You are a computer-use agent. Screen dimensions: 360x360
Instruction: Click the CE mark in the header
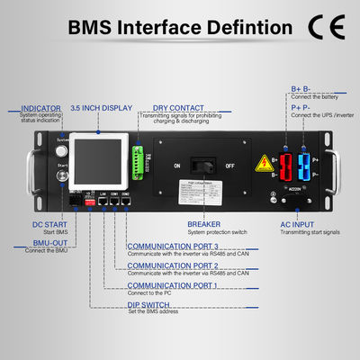[323, 26]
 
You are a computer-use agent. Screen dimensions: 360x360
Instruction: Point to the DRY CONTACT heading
[177, 108]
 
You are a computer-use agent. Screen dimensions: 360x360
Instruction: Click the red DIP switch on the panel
[89, 205]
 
